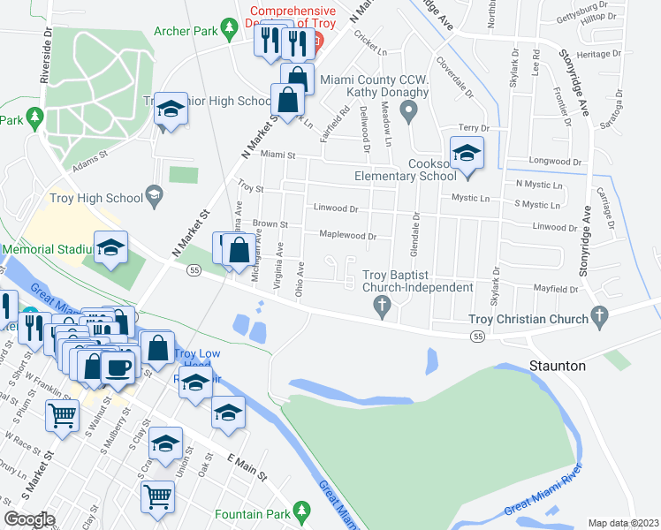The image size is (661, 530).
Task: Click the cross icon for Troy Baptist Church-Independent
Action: [x=382, y=307]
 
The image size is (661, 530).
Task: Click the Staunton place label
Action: [x=557, y=365]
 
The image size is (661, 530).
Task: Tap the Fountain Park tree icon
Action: [x=301, y=511]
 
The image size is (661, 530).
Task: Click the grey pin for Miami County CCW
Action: [x=407, y=111]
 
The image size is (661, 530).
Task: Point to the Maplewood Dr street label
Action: [x=346, y=237]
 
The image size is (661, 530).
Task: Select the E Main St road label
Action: [x=247, y=467]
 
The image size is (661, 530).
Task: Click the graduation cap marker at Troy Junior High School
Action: [x=171, y=110]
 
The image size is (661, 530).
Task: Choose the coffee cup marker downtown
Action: [x=117, y=367]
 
